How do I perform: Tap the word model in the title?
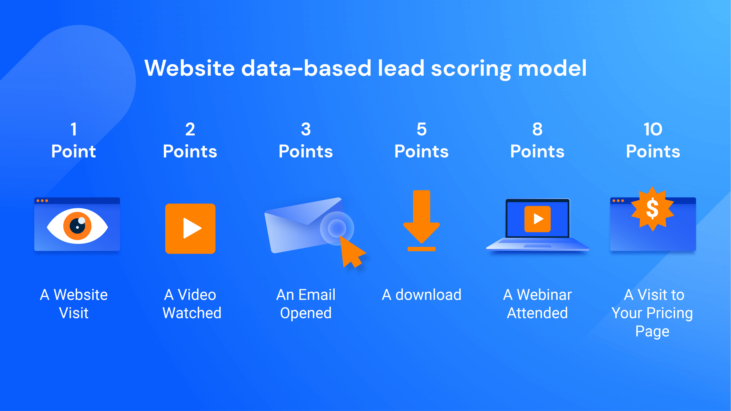click(552, 68)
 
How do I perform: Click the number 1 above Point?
click(74, 129)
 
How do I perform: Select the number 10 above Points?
click(653, 129)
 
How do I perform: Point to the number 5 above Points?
click(421, 129)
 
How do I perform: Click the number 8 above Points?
click(537, 129)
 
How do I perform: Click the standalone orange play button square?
click(190, 228)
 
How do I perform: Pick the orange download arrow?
click(421, 217)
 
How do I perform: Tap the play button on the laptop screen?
click(537, 219)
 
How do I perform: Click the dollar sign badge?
click(652, 209)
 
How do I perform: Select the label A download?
click(421, 295)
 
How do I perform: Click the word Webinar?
click(544, 295)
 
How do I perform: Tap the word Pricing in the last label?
click(669, 313)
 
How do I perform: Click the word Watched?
click(192, 313)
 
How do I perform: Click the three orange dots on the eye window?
click(42, 201)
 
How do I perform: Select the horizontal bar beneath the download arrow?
click(421, 249)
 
